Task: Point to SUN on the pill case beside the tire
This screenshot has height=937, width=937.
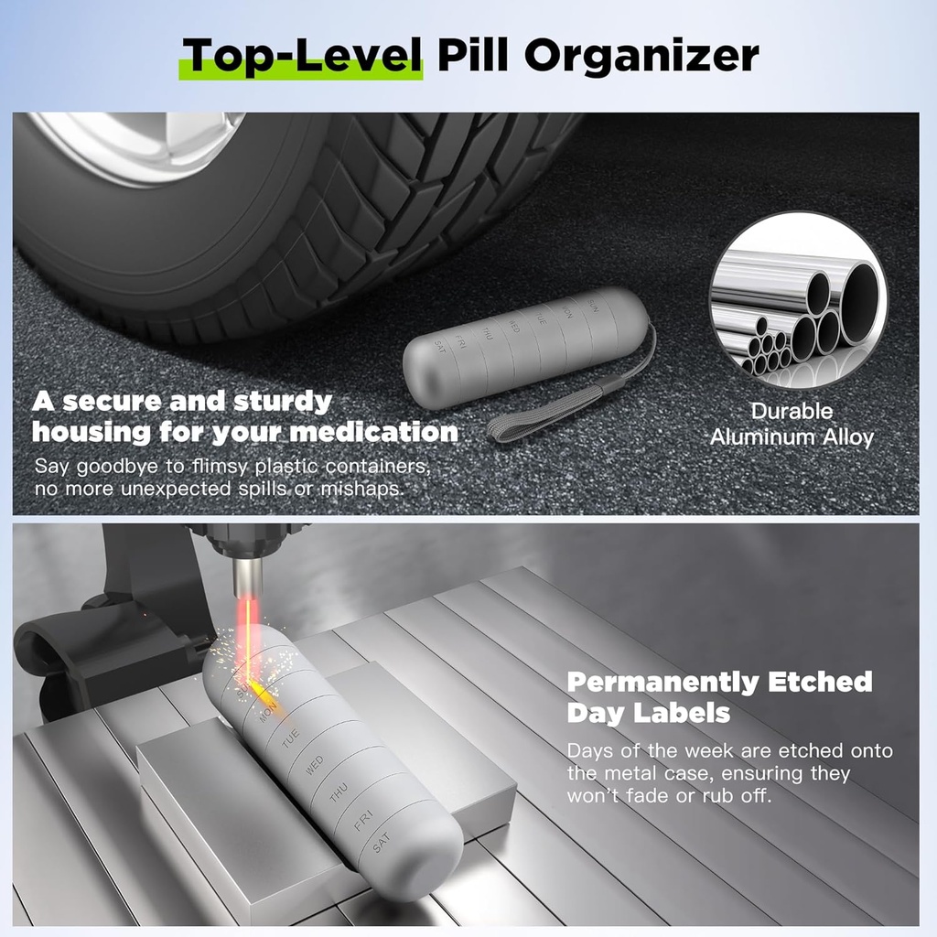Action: coord(593,304)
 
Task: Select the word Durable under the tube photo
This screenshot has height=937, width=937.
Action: coord(792,411)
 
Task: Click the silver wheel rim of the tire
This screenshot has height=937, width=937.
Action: coord(137,137)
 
